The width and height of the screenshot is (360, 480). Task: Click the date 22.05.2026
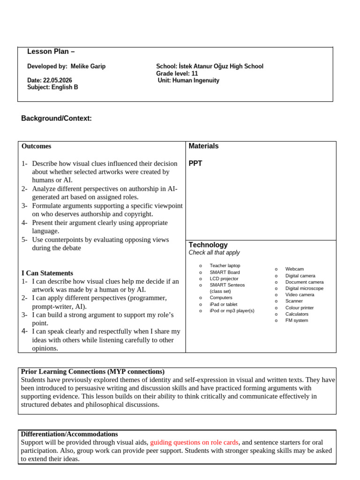[57, 81]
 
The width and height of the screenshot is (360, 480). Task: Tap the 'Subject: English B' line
[52, 87]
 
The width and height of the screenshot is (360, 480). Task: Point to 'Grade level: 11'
[177, 74]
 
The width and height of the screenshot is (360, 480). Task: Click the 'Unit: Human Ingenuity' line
[189, 81]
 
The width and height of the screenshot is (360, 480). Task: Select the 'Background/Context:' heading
[56, 119]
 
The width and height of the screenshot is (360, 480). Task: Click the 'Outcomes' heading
[36, 146]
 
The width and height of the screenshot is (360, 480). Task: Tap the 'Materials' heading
[203, 146]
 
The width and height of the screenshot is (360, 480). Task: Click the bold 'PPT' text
[195, 164]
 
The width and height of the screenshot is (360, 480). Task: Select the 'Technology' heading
[208, 245]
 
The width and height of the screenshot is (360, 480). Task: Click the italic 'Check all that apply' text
[214, 253]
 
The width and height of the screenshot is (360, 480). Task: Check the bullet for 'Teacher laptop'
[201, 266]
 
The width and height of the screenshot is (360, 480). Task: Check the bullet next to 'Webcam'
[276, 269]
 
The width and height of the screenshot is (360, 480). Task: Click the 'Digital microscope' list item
[304, 288]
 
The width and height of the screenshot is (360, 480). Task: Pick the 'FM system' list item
[297, 321]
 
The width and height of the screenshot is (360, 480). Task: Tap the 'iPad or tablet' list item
[224, 304]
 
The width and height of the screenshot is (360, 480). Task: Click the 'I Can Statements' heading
[47, 273]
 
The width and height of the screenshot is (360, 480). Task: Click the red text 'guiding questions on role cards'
[194, 442]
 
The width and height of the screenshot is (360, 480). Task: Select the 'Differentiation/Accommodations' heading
[69, 434]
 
